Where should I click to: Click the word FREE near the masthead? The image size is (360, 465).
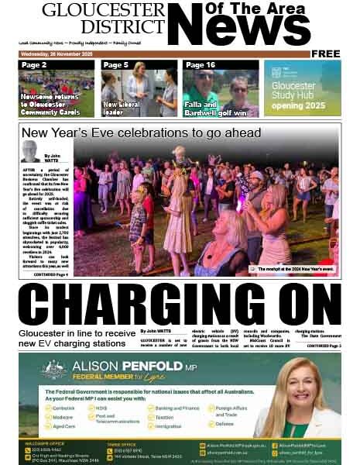coord(326,53)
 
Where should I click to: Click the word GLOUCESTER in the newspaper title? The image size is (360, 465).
coord(104,10)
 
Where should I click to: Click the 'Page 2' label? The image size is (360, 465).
coord(35,65)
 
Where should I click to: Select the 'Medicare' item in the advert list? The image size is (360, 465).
coord(68,416)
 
